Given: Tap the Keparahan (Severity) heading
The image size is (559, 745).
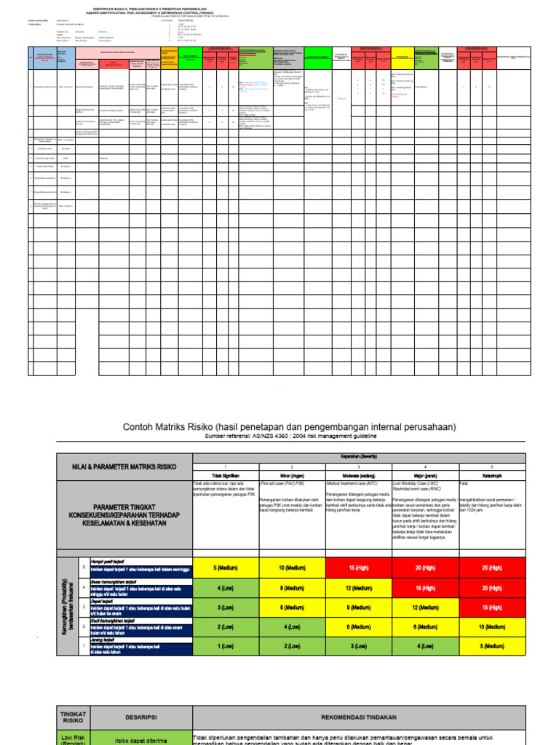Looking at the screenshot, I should click(x=358, y=457).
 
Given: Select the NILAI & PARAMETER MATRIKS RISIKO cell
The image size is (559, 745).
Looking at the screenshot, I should click(x=124, y=466).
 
